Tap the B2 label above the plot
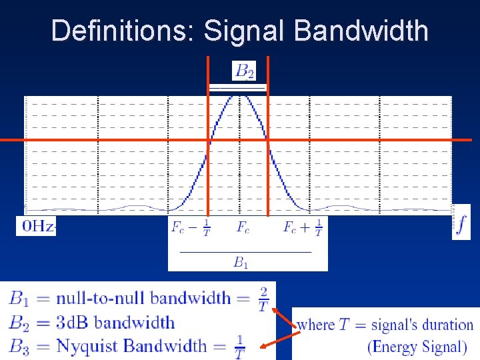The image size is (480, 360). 243,70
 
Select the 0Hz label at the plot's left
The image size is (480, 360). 37,226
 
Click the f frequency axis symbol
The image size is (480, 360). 461,223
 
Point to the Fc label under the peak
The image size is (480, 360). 243,227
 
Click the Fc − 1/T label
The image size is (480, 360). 191,227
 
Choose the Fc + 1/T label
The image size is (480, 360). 303,227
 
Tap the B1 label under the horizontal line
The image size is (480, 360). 240,262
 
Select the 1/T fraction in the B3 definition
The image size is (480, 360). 239,347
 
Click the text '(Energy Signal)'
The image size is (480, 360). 417,347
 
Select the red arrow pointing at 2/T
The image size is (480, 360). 284,318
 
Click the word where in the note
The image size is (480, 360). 315,325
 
